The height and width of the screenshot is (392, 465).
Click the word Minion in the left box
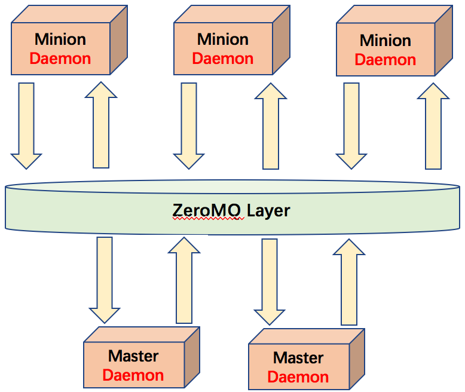pos(60,39)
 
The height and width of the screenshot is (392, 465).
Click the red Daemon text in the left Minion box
pos(60,59)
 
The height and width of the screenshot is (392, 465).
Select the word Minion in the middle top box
pos(223,39)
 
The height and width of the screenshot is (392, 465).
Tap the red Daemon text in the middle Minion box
pos(223,59)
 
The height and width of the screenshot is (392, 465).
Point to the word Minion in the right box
pos(386,41)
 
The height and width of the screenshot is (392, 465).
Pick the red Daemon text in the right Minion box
pos(386,60)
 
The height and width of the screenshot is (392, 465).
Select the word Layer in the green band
pos(268,211)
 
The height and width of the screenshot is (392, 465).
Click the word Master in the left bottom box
pos(133,356)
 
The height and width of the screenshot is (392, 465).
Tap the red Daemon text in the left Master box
pos(133,375)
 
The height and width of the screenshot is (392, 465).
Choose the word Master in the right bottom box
pos(298,358)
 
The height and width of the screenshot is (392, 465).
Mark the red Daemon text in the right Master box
pos(298,377)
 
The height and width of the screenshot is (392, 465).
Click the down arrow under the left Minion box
pos(26,125)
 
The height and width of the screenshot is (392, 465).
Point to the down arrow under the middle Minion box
pos(189,125)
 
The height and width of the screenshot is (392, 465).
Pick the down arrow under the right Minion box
pos(351,125)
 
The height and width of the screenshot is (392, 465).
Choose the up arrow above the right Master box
pos(348,281)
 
